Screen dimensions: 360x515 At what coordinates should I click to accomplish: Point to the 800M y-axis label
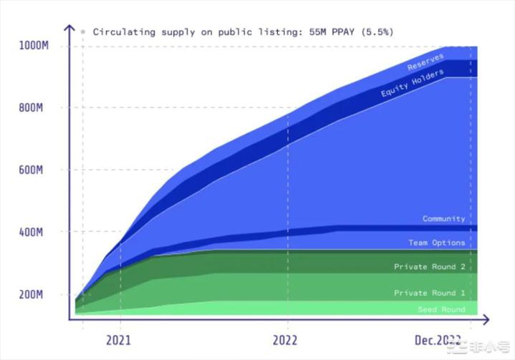[34, 108]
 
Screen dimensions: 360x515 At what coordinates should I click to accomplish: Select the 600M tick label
[34, 170]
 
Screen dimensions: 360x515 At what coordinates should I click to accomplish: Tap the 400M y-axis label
[34, 233]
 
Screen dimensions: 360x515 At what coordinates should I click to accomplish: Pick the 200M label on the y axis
[34, 295]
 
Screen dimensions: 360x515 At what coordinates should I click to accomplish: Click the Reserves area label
[425, 62]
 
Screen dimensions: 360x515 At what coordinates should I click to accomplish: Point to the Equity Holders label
[413, 84]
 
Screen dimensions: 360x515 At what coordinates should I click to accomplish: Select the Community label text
[443, 218]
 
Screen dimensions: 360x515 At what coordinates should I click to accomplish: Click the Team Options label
[437, 243]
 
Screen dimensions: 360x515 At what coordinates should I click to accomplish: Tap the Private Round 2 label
[429, 267]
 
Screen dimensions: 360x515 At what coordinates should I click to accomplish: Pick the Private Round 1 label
[429, 293]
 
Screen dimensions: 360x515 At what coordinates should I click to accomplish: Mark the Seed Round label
[441, 309]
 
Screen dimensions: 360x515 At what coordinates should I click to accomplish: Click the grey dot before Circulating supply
[83, 31]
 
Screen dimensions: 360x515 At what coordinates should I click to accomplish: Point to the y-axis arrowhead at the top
[69, 28]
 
